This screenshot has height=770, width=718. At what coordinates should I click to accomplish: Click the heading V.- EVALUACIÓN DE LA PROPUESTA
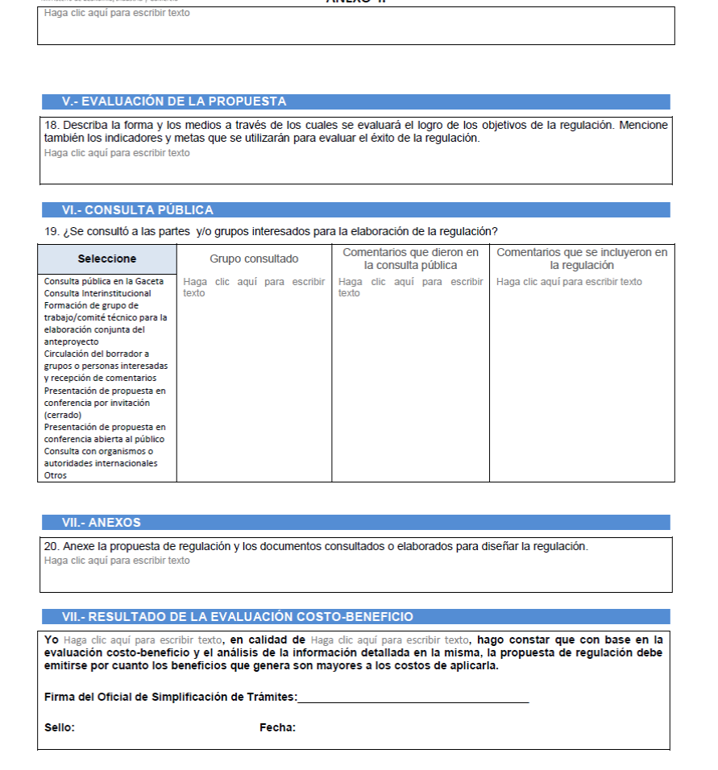click(x=174, y=101)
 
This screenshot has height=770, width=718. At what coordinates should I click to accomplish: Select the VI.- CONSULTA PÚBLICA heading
click(x=138, y=210)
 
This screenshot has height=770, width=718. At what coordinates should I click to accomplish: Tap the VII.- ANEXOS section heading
click(x=102, y=522)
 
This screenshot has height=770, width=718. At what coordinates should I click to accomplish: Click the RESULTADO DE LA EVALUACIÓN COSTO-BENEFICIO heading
click(x=238, y=617)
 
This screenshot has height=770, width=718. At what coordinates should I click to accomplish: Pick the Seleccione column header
click(x=107, y=259)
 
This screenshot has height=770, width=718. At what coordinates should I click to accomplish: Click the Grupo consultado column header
click(x=254, y=259)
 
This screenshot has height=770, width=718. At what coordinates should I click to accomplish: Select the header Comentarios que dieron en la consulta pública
click(x=410, y=259)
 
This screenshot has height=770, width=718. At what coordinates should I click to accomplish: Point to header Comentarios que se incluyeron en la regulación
click(x=582, y=259)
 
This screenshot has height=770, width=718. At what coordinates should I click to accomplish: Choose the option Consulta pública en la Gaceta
click(x=104, y=281)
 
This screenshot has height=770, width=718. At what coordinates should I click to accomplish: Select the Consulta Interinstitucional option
click(x=98, y=293)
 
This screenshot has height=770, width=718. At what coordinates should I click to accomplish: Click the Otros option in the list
click(x=56, y=475)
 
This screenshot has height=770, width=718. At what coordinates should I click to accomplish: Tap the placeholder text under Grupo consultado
click(x=254, y=287)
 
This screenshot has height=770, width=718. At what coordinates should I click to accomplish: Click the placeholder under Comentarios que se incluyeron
click(x=569, y=282)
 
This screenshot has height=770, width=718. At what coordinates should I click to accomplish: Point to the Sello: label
click(x=60, y=728)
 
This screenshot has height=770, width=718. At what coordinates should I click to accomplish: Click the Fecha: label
click(x=277, y=728)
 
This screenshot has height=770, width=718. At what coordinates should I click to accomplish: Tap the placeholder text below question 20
click(x=117, y=561)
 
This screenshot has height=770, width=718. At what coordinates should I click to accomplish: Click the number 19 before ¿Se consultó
click(x=51, y=232)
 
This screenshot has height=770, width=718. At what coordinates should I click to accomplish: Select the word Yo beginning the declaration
click(x=52, y=640)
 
